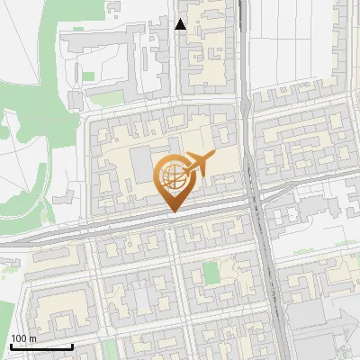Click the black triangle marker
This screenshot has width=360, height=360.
(x=181, y=24)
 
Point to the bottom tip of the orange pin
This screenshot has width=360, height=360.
(x=173, y=211)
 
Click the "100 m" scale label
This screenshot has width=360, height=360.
(x=22, y=338)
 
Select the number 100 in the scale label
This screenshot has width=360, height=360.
(x=19, y=338)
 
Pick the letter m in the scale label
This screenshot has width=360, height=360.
(x=32, y=339)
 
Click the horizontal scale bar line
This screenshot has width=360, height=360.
(x=41, y=346)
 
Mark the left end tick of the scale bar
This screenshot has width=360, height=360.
(x=10, y=345)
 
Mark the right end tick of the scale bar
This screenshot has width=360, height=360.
(x=73, y=345)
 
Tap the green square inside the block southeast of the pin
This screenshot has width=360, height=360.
(x=211, y=272)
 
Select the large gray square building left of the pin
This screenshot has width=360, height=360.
(x=142, y=164)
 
